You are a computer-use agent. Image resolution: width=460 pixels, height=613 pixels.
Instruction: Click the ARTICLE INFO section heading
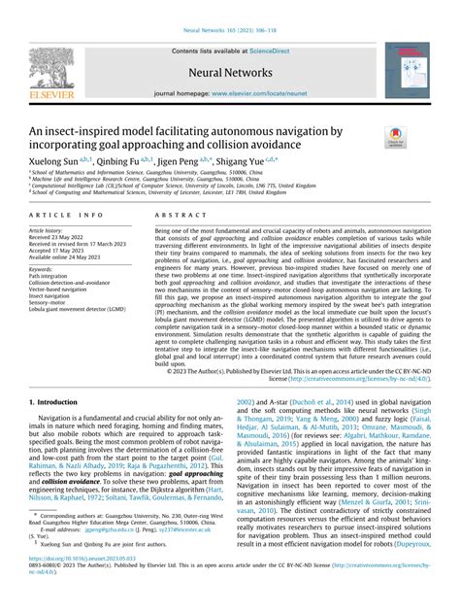click(x=67, y=213)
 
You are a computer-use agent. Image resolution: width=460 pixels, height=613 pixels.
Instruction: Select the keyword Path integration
click(x=50, y=275)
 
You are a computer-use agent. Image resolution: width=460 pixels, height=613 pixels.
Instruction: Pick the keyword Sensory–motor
click(x=49, y=302)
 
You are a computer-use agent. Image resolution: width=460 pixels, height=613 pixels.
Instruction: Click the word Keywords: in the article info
click(x=44, y=268)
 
